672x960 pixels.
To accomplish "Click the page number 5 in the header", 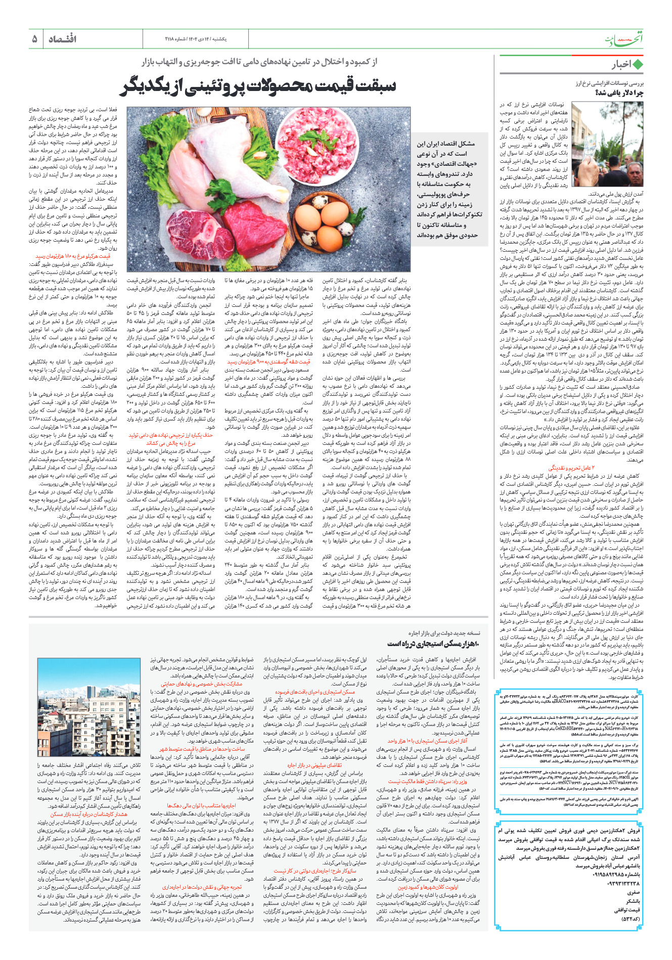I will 34,39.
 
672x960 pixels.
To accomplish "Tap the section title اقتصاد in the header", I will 62,39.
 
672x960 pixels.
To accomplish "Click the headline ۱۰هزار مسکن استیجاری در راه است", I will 434,644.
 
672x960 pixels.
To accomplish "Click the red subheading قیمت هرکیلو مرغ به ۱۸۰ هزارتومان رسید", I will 73,256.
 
